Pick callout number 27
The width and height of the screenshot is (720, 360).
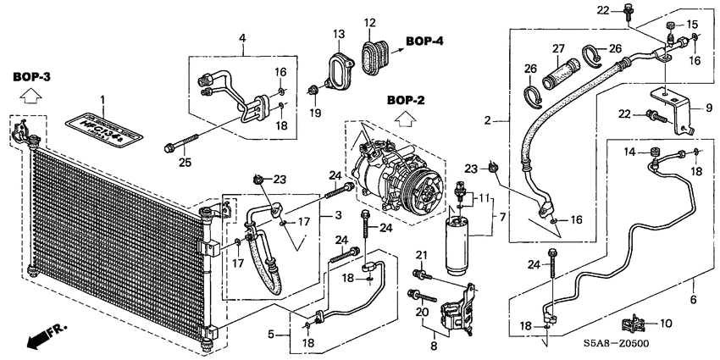click(x=558, y=47)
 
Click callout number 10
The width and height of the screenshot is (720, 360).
click(x=665, y=323)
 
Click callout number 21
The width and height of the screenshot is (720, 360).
click(x=421, y=255)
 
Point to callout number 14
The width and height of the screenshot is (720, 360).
click(x=629, y=152)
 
